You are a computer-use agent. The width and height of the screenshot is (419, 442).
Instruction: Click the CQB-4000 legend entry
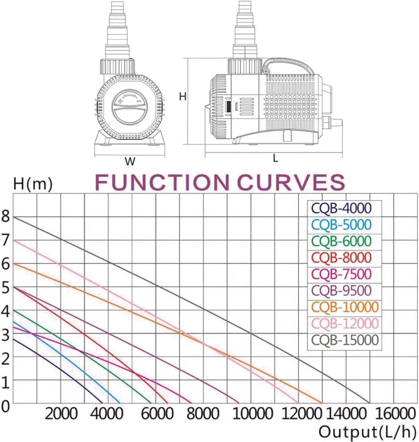point(341,208)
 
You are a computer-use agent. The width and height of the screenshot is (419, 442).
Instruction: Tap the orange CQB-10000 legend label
point(345,307)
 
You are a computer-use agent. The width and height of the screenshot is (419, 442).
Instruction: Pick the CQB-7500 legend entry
point(341,274)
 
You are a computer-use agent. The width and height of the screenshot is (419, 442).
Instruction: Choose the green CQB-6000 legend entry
point(341,241)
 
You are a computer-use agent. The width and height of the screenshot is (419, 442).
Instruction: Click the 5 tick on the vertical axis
point(6,288)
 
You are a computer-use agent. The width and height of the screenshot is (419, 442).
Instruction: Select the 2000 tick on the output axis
point(61,414)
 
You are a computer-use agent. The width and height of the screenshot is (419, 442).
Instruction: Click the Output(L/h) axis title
point(365,432)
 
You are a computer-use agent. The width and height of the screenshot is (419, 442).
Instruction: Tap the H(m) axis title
point(32,184)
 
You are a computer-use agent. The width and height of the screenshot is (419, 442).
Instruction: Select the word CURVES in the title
point(291,182)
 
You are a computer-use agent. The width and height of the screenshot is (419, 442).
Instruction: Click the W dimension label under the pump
point(130,161)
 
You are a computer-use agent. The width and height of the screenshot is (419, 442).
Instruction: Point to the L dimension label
point(275,159)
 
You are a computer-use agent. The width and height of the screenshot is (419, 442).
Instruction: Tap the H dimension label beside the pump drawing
point(183,96)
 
